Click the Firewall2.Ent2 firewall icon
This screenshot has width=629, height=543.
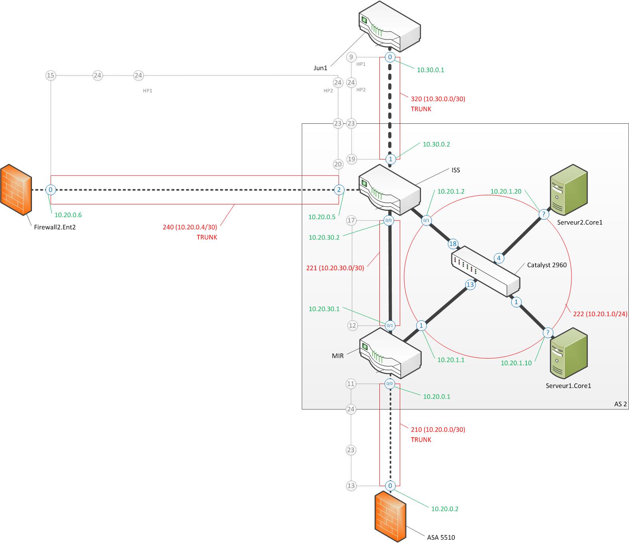[16, 190]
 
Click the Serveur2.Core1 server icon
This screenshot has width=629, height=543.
[569, 190]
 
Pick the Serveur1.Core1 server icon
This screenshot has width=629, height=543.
[569, 353]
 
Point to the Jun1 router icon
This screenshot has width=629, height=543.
[390, 26]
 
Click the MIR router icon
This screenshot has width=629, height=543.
[391, 353]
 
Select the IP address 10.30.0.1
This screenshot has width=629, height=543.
[430, 70]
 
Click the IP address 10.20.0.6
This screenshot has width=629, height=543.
[68, 215]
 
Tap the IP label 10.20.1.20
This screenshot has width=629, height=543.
[506, 191]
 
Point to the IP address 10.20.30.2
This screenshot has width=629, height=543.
[324, 237]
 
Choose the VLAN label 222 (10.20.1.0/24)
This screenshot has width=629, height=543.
[600, 314]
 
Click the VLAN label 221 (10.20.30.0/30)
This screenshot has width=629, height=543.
[335, 268]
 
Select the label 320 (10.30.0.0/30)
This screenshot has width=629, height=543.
[438, 99]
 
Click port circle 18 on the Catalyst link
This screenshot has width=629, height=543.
[453, 244]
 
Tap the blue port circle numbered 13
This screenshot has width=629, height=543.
[470, 285]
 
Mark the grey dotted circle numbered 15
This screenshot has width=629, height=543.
[51, 75]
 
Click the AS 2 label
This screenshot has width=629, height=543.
[621, 404]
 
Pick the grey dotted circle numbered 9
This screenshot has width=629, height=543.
[351, 57]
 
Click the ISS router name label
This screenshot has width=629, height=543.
[456, 170]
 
